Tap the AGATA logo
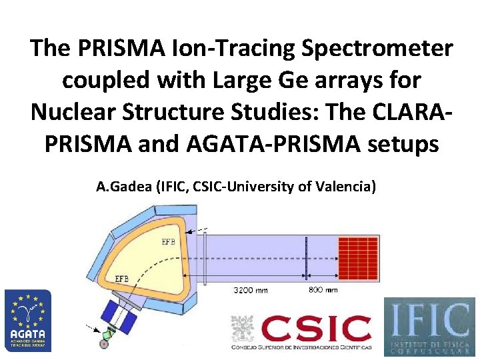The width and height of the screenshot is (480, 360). coord(27,320)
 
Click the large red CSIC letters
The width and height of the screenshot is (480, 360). coord(317,329)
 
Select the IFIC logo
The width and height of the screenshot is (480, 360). coord(429,325)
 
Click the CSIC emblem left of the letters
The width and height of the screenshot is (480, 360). coord(243,329)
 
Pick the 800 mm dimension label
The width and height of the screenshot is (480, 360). coord(323,290)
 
